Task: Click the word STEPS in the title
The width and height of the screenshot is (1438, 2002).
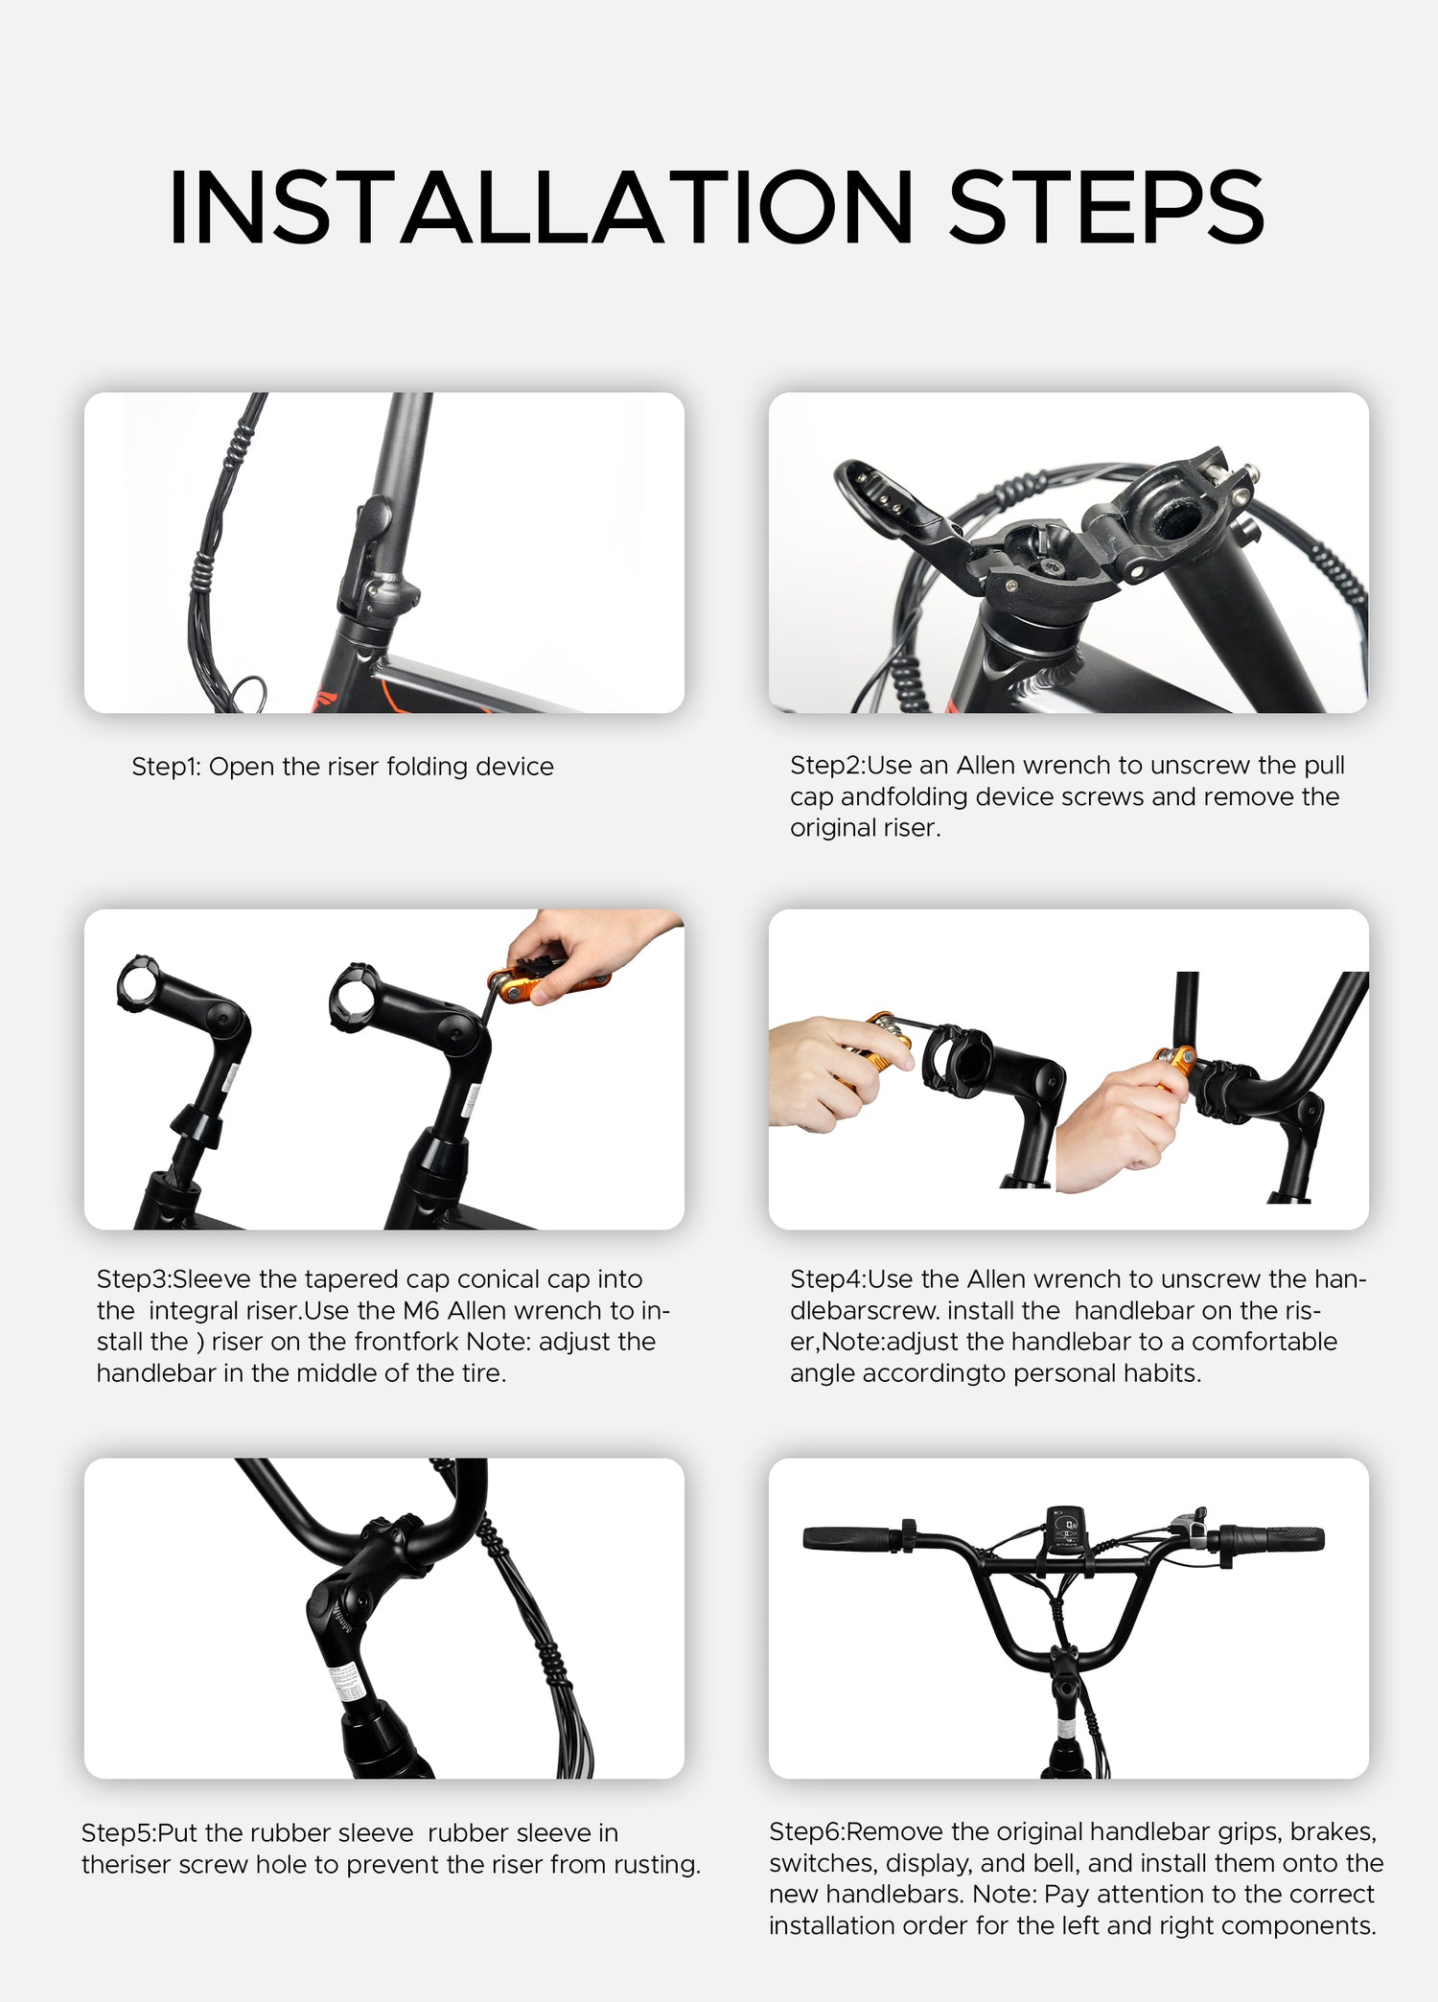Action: (x=1107, y=208)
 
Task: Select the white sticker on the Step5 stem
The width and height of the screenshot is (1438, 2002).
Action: (x=346, y=1683)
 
